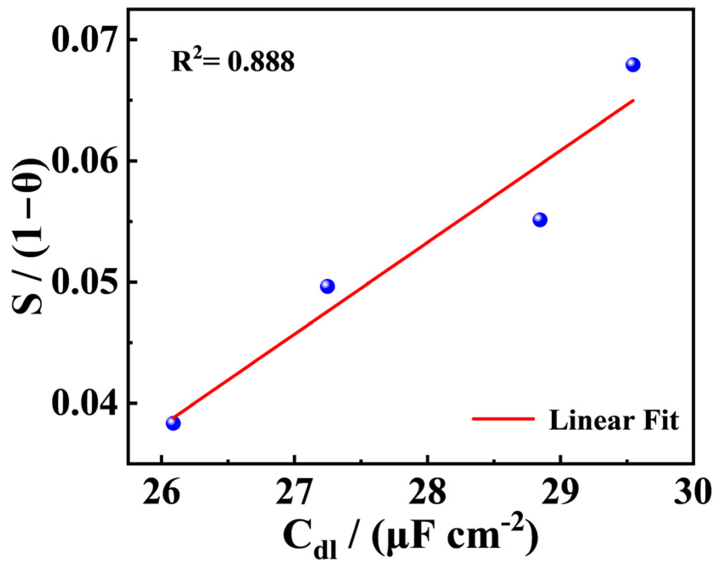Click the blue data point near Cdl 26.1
tap(173, 423)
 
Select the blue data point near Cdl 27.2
tap(327, 286)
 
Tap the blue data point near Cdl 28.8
tap(540, 220)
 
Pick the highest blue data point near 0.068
tap(633, 65)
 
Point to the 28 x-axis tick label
tap(427, 493)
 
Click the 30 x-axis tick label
tap(693, 493)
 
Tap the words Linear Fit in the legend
tap(614, 420)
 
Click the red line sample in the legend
tap(503, 419)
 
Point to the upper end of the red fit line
tap(633, 100)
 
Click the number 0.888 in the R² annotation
tap(261, 61)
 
